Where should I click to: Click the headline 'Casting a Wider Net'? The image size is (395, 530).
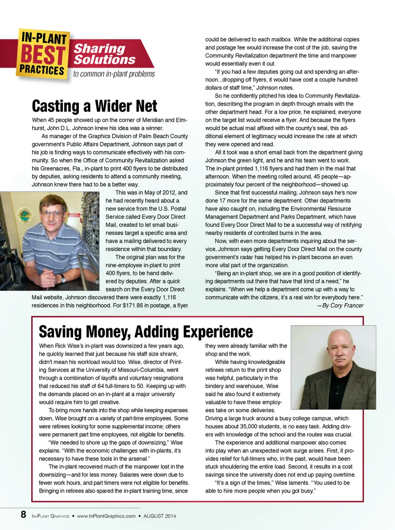[x=94, y=106]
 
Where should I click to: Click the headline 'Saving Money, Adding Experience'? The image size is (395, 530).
[x=146, y=332]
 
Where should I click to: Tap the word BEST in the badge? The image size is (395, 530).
[x=43, y=55]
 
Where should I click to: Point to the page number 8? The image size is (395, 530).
[x=23, y=515]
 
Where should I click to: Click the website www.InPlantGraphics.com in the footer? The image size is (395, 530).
[x=106, y=516]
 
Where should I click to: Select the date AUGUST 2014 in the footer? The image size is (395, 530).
[x=159, y=516]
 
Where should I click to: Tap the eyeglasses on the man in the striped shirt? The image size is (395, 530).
[x=52, y=214]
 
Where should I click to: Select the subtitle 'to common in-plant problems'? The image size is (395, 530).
[x=114, y=74]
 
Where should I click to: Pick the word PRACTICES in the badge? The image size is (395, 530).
[x=42, y=70]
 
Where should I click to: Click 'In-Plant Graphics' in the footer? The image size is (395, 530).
[x=50, y=516]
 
